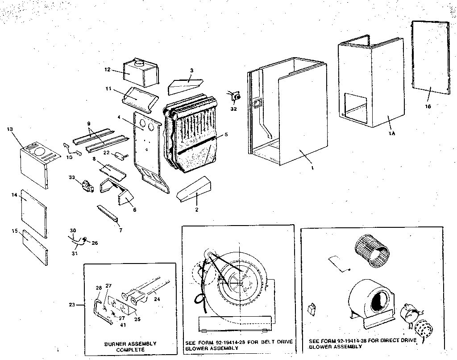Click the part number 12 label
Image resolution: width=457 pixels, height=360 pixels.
(107, 70)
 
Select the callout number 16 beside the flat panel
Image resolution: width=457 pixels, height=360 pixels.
(428, 106)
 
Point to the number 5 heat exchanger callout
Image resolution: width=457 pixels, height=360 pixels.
(226, 134)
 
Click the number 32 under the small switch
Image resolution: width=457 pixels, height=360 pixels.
(233, 109)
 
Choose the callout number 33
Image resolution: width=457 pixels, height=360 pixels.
(71, 178)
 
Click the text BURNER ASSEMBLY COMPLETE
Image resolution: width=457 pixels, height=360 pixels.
(130, 347)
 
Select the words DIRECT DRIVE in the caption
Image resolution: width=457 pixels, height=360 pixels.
(399, 340)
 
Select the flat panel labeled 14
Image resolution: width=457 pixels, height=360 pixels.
(33, 211)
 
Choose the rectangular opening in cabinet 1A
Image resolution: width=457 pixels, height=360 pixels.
(356, 107)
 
